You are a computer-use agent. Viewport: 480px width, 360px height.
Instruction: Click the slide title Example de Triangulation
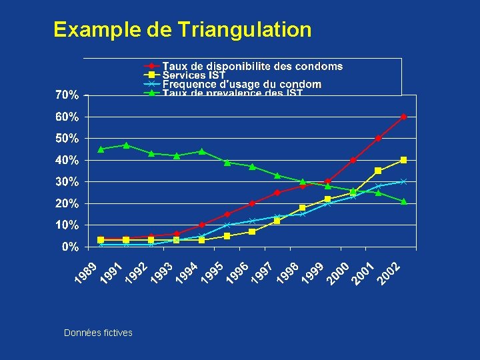(x=182, y=29)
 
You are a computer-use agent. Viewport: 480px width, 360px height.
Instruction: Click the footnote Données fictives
(x=98, y=333)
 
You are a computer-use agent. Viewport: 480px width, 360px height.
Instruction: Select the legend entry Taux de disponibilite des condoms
(x=253, y=66)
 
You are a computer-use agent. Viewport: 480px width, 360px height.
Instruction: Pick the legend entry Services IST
(x=194, y=75)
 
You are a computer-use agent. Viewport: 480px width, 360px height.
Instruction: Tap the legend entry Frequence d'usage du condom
(x=242, y=85)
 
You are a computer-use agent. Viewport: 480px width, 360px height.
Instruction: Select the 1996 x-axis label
(x=237, y=274)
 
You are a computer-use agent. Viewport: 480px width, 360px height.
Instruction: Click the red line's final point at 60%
(x=404, y=117)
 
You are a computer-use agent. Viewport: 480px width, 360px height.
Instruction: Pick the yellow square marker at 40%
(x=404, y=160)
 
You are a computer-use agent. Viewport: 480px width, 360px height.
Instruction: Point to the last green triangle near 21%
(x=404, y=201)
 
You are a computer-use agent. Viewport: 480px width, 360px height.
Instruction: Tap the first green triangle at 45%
(x=101, y=149)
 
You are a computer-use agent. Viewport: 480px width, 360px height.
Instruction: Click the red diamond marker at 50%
(x=379, y=139)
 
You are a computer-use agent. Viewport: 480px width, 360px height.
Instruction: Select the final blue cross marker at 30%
(x=404, y=181)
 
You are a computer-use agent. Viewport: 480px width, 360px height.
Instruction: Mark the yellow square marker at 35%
(x=379, y=171)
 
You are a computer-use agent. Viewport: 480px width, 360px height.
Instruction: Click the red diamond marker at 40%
(x=353, y=160)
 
